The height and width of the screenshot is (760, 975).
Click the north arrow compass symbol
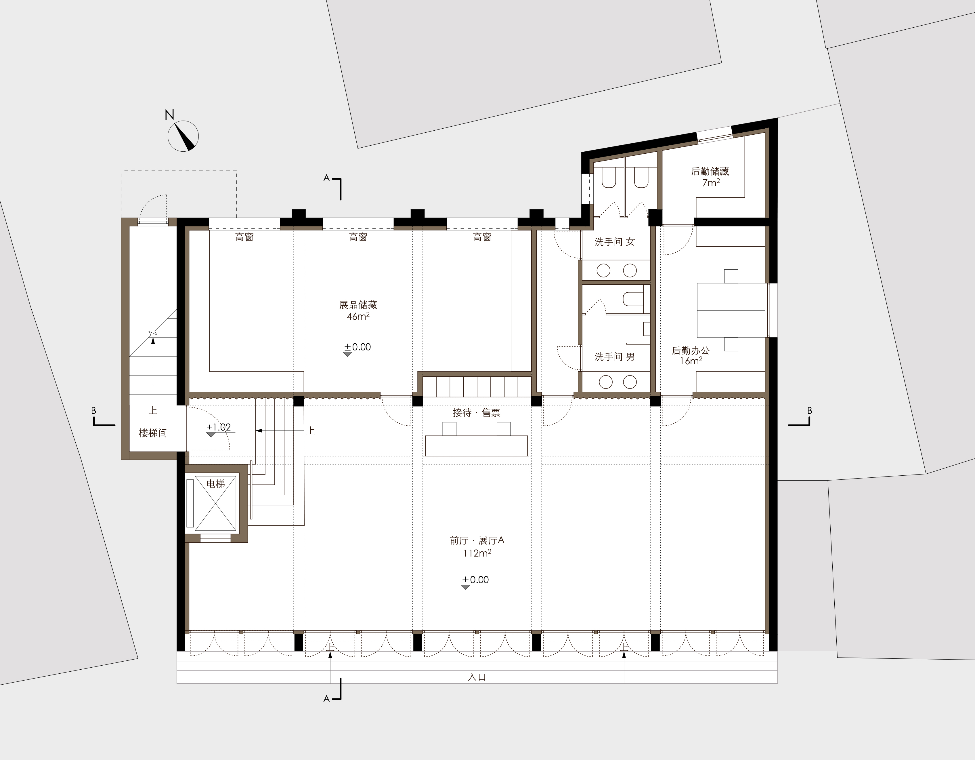point(183,136)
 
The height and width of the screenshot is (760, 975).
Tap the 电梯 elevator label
point(216,483)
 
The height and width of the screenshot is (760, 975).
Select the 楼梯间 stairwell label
point(153,433)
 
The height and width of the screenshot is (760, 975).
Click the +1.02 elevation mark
point(219,427)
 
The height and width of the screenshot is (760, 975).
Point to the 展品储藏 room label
point(358,305)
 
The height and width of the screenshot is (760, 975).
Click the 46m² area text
point(358,316)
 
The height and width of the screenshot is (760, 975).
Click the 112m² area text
point(477,553)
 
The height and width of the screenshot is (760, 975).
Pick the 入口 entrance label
point(477,677)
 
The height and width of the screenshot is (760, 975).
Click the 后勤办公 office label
point(691,351)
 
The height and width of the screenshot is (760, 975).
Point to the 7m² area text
point(711,182)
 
